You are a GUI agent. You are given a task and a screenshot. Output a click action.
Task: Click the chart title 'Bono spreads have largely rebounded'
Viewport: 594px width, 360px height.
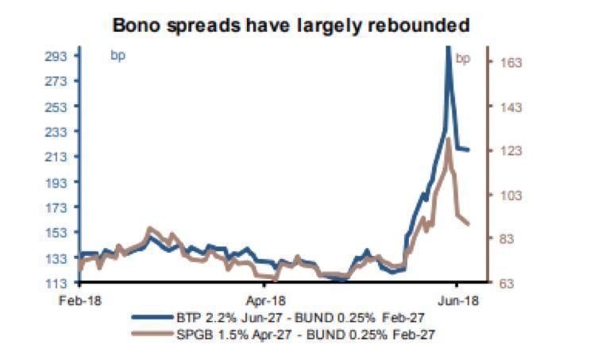click(x=291, y=25)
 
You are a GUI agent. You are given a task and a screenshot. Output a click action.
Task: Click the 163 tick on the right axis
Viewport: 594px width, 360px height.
click(x=509, y=62)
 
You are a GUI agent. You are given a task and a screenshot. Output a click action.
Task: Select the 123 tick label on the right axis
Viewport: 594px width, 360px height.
click(x=509, y=150)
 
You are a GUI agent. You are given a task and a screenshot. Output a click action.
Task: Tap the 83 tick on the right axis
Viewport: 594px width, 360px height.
click(x=509, y=238)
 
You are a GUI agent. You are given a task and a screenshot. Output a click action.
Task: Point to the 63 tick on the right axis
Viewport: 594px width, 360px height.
click(x=509, y=283)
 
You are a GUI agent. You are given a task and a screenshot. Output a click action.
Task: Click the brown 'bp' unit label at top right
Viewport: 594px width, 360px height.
click(x=463, y=57)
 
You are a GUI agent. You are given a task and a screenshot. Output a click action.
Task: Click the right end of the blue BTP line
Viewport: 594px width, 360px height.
click(x=469, y=149)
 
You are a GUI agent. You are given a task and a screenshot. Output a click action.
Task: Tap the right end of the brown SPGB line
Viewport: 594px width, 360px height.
click(x=469, y=223)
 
